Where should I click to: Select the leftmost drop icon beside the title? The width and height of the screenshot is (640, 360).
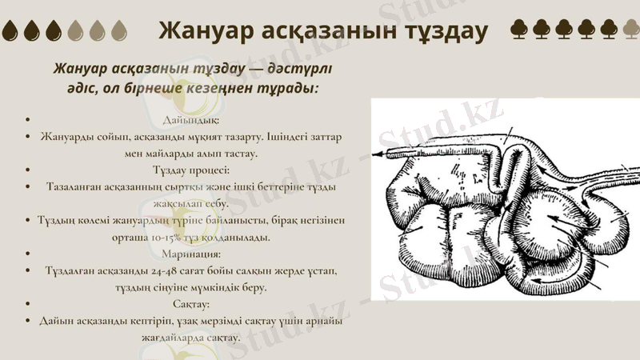coord(11,31)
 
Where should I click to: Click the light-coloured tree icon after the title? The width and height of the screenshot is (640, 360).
coord(630,30)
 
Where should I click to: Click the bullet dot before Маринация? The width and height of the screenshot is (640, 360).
coord(29,254)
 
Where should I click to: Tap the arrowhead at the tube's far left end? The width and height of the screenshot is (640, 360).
coord(375,151)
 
